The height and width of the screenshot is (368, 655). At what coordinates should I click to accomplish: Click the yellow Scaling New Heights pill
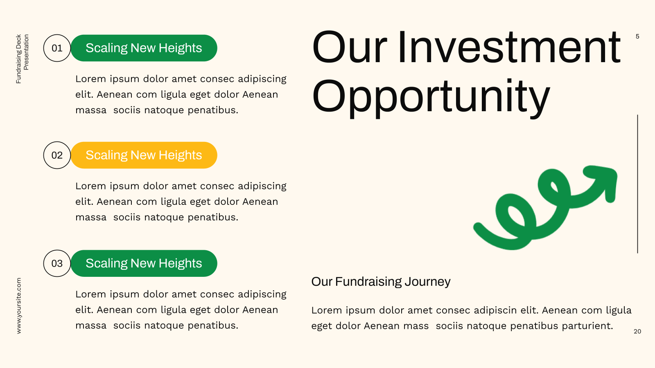point(144,155)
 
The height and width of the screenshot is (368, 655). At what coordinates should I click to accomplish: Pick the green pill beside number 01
point(144,48)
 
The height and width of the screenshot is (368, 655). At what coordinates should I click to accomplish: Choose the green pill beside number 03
point(144,263)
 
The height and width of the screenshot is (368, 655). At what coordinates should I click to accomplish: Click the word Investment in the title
point(509,47)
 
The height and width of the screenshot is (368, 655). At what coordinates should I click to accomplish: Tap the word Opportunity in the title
point(431,96)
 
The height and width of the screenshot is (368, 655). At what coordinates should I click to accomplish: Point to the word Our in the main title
point(350,47)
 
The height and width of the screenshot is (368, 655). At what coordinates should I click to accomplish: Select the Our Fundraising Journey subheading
point(381,282)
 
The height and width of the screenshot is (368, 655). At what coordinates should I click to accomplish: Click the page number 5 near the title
point(637,36)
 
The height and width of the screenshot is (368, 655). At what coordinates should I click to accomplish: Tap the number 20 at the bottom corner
point(637,332)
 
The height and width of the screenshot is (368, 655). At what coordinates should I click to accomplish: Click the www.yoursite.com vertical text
point(19,306)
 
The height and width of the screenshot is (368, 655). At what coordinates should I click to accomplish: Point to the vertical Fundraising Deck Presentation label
point(22,59)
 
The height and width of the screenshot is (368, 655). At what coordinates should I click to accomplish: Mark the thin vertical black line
point(637,184)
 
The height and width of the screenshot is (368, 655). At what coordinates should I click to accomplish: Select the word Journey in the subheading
point(427,282)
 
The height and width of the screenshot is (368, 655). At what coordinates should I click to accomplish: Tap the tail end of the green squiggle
point(477,227)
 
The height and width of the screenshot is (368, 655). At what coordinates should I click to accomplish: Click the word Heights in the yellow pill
point(180,155)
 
